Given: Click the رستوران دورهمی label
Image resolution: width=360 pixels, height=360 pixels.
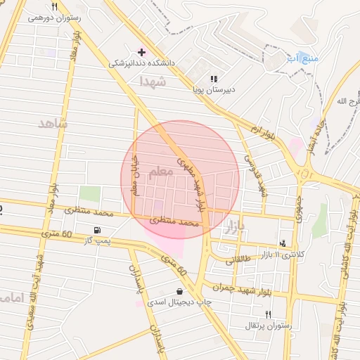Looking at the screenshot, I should pos(51,18).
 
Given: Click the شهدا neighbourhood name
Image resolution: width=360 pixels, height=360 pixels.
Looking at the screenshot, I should pos(153,82).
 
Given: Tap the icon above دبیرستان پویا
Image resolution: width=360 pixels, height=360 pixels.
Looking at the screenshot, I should pos(214,79).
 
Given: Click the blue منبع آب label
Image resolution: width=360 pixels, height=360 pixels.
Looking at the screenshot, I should pos(302,58).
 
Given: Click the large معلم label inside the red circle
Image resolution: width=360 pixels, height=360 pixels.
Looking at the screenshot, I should pos(161,171).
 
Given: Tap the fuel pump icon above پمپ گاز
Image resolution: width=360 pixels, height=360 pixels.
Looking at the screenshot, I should pos(96,230).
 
